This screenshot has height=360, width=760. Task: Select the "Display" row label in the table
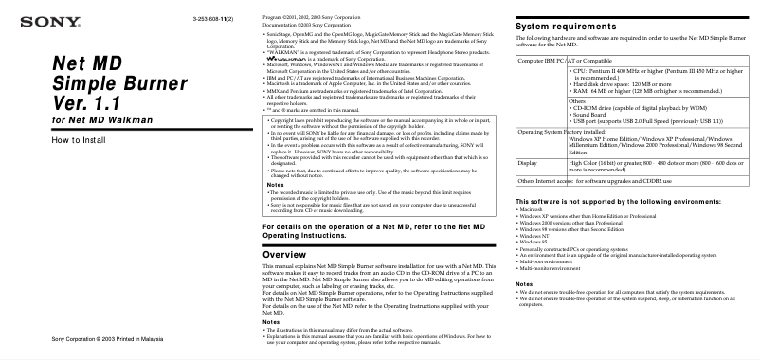(x=527, y=163)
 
